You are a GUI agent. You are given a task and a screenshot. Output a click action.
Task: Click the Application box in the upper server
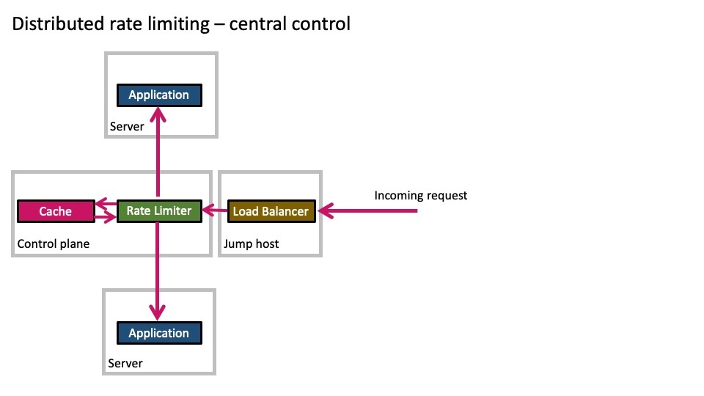pyautogui.click(x=159, y=95)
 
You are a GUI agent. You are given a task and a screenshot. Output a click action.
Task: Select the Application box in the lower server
pyautogui.click(x=159, y=333)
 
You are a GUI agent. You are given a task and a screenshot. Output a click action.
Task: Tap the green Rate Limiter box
pyautogui.click(x=159, y=211)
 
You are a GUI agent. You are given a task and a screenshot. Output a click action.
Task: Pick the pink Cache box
pyautogui.click(x=56, y=211)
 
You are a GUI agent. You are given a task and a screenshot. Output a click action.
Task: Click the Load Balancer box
pyautogui.click(x=271, y=211)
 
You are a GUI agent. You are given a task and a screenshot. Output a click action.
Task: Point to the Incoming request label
pyautogui.click(x=421, y=196)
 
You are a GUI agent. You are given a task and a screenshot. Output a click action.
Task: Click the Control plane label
pyautogui.click(x=54, y=243)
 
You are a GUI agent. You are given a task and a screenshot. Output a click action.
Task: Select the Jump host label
pyautogui.click(x=251, y=243)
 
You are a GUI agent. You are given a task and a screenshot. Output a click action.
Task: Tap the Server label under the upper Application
pyautogui.click(x=127, y=127)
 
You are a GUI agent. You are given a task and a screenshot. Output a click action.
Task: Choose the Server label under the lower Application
pyautogui.click(x=125, y=363)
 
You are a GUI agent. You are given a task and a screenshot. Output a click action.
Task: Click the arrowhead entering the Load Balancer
pyautogui.click(x=326, y=210)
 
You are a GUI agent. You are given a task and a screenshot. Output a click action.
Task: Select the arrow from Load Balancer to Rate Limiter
pyautogui.click(x=215, y=210)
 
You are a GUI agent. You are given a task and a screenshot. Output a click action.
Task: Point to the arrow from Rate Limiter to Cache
pyautogui.click(x=106, y=203)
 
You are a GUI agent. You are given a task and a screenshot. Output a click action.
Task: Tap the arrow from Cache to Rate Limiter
pyautogui.click(x=106, y=219)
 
